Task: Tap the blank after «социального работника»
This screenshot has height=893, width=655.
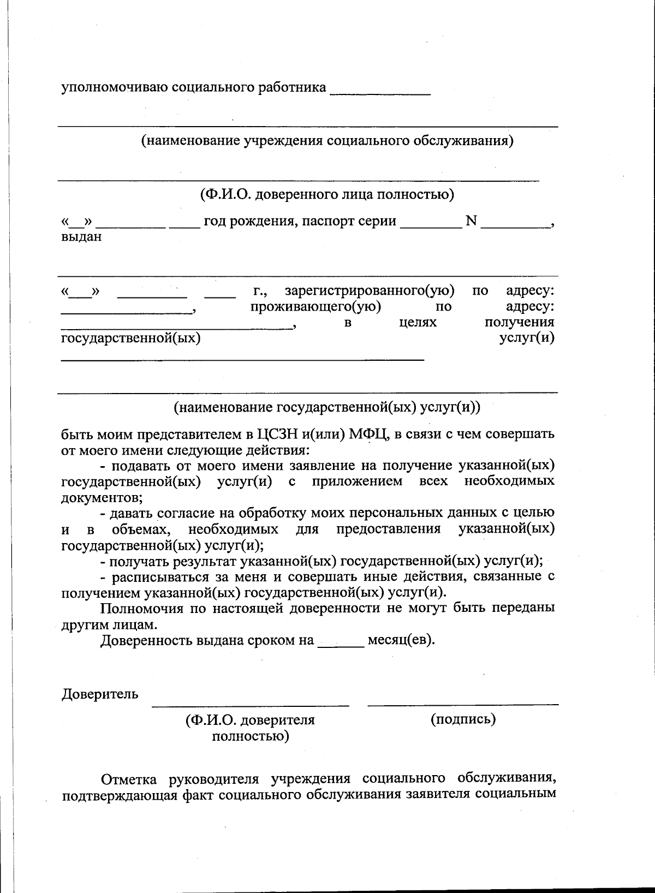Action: tap(380, 92)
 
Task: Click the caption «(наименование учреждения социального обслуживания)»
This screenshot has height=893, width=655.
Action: tap(327, 141)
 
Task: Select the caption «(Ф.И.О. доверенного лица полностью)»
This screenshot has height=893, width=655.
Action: tap(327, 194)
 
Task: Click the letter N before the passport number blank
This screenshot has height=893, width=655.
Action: tap(471, 221)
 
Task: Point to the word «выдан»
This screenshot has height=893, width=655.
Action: tap(81, 237)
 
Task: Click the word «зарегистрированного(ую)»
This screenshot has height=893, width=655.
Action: tap(370, 291)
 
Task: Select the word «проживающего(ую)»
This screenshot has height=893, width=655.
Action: tap(315, 307)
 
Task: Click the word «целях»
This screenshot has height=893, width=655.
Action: tap(418, 322)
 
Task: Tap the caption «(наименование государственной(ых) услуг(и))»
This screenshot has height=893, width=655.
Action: tap(327, 407)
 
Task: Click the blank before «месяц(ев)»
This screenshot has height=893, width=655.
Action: tap(341, 644)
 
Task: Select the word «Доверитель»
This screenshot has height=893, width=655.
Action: tap(100, 694)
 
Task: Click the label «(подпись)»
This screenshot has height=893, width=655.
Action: tap(463, 719)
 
